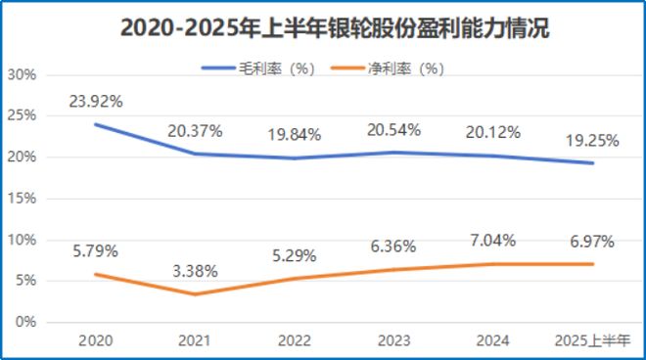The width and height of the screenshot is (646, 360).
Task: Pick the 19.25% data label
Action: [x=591, y=140]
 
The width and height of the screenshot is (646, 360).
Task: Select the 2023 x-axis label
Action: [x=393, y=339]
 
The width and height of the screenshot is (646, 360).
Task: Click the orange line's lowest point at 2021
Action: [x=194, y=293]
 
